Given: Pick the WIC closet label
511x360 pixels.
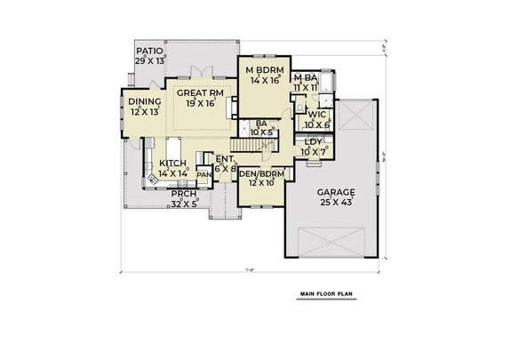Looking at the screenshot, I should pyautogui.click(x=317, y=115).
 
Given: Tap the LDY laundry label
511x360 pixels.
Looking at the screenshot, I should pyautogui.click(x=313, y=141).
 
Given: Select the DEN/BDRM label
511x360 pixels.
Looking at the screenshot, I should pyautogui.click(x=261, y=174).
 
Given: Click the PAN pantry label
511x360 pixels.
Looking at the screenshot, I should pyautogui.click(x=204, y=175).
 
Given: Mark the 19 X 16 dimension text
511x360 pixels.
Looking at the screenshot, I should pyautogui.click(x=202, y=103).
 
